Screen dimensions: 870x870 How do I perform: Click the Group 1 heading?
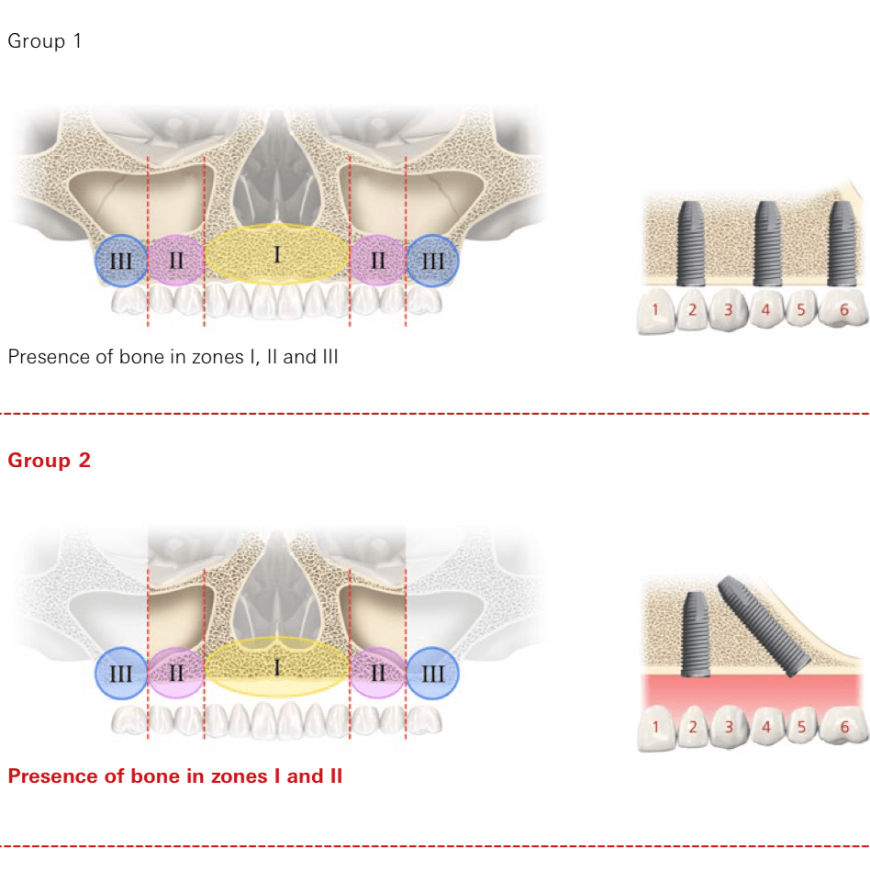pyautogui.click(x=44, y=41)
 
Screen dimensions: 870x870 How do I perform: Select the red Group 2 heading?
pyautogui.click(x=49, y=460)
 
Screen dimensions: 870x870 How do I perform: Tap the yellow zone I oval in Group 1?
pyautogui.click(x=276, y=254)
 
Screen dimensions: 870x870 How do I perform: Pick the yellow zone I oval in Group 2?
pyautogui.click(x=276, y=667)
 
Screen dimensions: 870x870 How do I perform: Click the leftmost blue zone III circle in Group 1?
pyautogui.click(x=121, y=261)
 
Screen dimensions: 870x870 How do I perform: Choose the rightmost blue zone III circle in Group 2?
pyautogui.click(x=432, y=674)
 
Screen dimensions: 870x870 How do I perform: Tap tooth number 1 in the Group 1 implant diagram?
pyautogui.click(x=655, y=310)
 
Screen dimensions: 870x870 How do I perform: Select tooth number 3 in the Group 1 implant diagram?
pyautogui.click(x=729, y=310)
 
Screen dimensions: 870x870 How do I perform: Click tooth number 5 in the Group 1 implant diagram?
pyautogui.click(x=801, y=310)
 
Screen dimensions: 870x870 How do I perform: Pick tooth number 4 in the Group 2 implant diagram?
pyautogui.click(x=766, y=729)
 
